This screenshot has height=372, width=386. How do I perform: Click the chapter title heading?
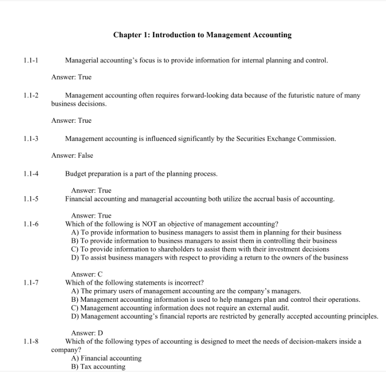202,35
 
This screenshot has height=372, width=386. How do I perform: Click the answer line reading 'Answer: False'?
72,156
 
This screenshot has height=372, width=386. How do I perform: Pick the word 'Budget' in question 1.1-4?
76,174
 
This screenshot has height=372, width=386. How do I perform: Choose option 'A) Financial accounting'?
106,358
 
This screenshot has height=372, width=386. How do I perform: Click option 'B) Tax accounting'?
98,367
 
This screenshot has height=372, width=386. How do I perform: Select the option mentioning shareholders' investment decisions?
200,249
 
